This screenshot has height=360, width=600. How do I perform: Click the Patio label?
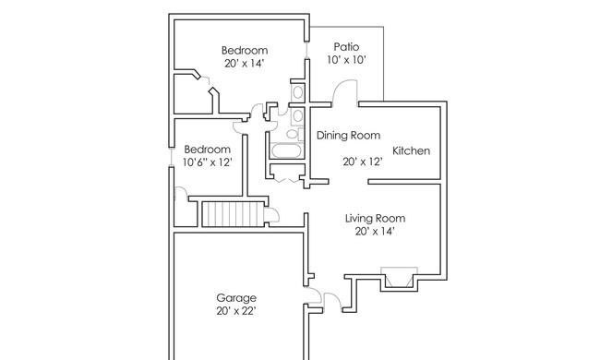346,47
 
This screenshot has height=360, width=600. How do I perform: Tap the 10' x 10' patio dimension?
347,60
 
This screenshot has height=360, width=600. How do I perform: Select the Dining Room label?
348,136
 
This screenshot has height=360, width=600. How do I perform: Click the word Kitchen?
412,150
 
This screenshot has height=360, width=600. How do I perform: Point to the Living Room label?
376,219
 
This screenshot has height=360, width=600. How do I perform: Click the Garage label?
236,298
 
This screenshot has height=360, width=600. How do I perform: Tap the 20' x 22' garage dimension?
236,311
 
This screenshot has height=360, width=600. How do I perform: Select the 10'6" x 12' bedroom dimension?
208,162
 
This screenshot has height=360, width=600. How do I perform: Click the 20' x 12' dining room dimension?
363,162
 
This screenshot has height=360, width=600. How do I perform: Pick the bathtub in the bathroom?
287,150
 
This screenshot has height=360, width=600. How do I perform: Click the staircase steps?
233,214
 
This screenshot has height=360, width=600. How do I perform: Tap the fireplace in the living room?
399,277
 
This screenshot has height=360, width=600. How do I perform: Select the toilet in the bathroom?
293,134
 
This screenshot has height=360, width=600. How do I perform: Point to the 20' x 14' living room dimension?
375,232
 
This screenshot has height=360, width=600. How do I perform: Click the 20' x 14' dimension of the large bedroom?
245,64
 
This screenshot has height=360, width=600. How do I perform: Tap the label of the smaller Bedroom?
208,150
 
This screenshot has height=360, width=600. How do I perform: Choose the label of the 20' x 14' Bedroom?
245,51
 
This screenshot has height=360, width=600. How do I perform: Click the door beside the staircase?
273,214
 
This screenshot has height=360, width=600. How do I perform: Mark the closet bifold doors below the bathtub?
286,180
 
